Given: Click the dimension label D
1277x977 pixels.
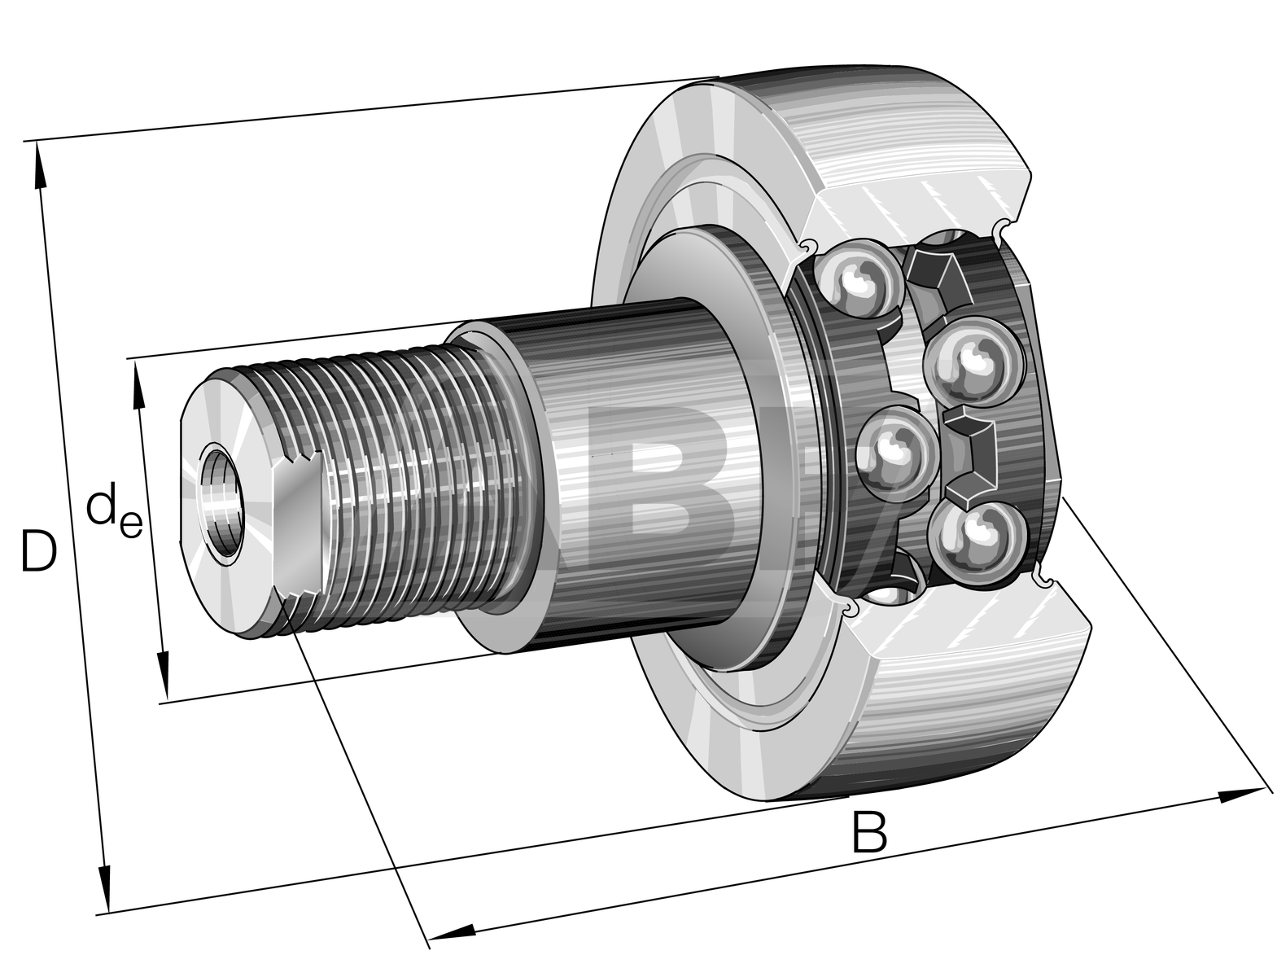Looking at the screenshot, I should coord(38,551).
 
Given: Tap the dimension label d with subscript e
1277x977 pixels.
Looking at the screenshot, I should coord(114,512).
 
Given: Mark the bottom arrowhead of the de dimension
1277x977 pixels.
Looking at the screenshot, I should coord(164,677).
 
